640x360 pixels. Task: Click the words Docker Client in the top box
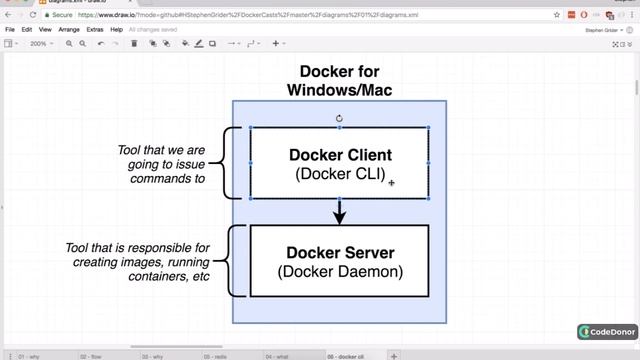(x=340, y=155)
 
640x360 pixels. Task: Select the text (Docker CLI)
(x=340, y=174)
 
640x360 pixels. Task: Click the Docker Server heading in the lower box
(x=340, y=253)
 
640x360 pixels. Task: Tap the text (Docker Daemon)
(x=340, y=271)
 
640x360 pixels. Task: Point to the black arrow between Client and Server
(x=339, y=211)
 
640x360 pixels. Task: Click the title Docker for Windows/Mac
(x=339, y=80)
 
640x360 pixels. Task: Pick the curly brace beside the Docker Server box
(x=235, y=260)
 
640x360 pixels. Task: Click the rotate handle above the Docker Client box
(x=339, y=118)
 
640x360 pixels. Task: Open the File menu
(x=10, y=30)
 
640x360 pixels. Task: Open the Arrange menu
(x=69, y=30)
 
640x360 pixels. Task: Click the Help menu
(x=117, y=30)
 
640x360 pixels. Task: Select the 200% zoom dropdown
(x=41, y=44)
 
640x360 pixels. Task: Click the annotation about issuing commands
(x=161, y=164)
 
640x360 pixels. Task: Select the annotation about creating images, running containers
(x=151, y=262)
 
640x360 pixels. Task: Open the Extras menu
(x=95, y=30)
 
